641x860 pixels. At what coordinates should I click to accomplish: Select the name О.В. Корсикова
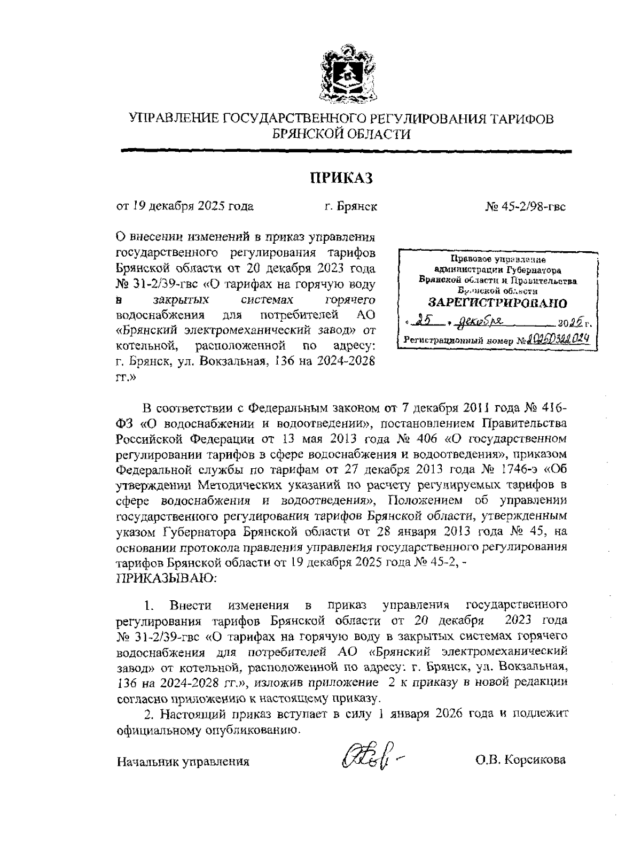[x=521, y=760]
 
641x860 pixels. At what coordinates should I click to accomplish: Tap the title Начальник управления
[x=183, y=762]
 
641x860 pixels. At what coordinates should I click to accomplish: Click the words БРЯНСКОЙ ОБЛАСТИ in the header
[x=342, y=134]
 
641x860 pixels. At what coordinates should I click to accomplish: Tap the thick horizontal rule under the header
[x=346, y=152]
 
